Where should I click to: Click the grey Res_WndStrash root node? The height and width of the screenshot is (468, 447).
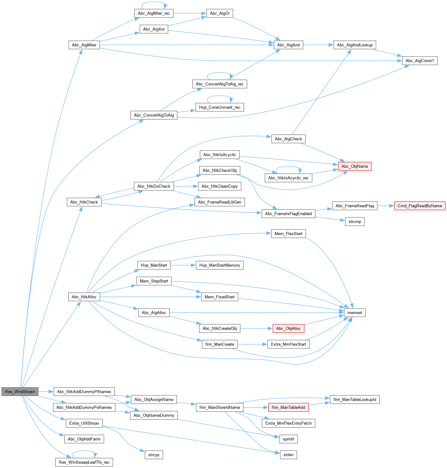(x=20, y=392)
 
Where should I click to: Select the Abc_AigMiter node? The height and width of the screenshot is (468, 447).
(x=84, y=45)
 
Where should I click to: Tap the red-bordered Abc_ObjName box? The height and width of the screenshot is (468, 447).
(x=354, y=166)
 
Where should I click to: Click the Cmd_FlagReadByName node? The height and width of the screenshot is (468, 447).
(x=420, y=206)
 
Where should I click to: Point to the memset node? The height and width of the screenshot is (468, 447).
(x=354, y=312)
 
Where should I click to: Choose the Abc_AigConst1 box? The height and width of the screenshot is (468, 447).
(x=420, y=61)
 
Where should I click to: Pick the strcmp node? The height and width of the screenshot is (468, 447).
(x=354, y=222)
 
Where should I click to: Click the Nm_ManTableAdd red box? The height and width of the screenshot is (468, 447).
(x=288, y=407)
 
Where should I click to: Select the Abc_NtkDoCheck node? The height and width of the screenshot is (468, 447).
(x=154, y=186)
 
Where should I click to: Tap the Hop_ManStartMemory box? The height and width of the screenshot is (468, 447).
(x=220, y=265)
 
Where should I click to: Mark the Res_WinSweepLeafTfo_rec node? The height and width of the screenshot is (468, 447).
(x=84, y=462)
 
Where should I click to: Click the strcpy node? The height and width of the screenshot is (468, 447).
(x=154, y=455)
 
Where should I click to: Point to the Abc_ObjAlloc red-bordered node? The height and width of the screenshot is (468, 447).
(x=288, y=328)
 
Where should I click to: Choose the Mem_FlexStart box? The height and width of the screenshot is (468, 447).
(x=288, y=234)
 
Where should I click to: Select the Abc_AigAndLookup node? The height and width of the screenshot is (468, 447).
(x=354, y=45)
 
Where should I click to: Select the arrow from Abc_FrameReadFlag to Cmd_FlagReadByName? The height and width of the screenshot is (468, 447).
(x=386, y=206)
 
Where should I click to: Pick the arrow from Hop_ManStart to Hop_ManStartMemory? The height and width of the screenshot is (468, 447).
(x=183, y=265)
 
